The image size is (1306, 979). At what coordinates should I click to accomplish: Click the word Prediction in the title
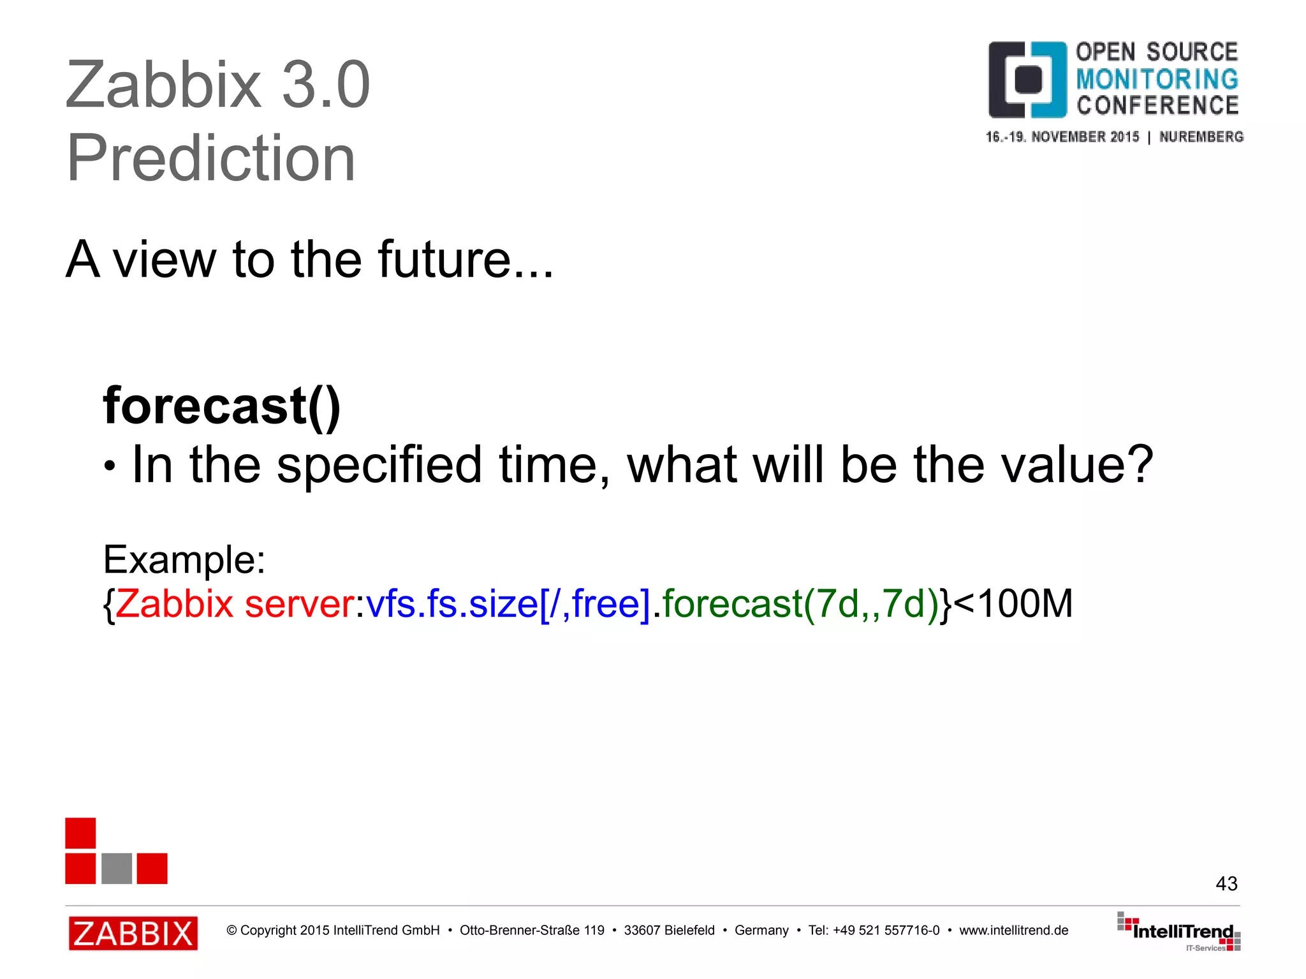tap(210, 158)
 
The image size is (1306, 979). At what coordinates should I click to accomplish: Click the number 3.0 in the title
tap(325, 85)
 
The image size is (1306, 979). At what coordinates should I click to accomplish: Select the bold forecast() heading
tap(222, 406)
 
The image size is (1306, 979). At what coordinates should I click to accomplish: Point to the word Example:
tap(184, 560)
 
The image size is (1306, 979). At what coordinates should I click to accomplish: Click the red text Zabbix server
tap(235, 603)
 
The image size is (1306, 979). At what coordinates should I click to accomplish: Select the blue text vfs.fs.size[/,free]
tap(508, 603)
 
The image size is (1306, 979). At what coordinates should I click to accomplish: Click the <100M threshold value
tap(1014, 603)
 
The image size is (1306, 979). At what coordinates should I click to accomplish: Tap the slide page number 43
tap(1226, 883)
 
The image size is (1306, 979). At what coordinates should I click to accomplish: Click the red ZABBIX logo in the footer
tap(133, 933)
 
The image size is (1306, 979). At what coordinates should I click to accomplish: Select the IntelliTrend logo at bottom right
tap(1179, 932)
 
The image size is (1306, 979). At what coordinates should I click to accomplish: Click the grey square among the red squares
tap(117, 868)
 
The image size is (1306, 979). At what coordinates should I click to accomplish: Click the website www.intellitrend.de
tap(1013, 931)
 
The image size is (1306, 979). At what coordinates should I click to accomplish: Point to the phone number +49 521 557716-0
tap(886, 931)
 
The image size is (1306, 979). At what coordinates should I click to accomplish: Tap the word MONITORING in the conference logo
tap(1157, 79)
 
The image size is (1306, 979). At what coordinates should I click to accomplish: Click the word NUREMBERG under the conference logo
tap(1201, 137)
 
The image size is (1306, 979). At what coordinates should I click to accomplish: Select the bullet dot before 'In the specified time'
tap(110, 467)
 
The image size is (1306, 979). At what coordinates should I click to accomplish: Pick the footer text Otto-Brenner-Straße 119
tap(532, 931)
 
